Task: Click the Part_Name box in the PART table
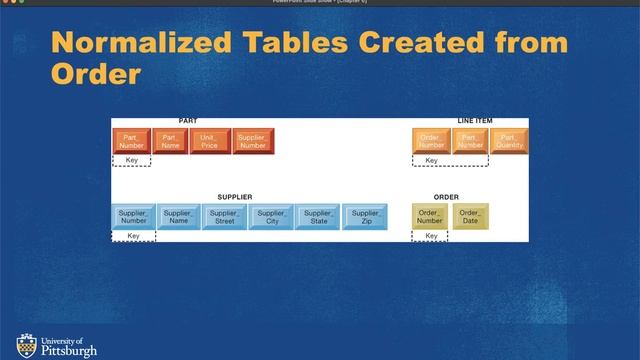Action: click(x=171, y=142)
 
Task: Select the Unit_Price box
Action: click(x=209, y=142)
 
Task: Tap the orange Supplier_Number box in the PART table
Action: click(x=252, y=142)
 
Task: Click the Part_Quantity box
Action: click(x=509, y=142)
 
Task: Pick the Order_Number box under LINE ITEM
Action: click(x=431, y=142)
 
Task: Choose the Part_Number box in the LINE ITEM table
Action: click(x=470, y=142)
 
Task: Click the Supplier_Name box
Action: click(x=179, y=217)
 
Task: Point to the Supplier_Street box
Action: click(x=225, y=217)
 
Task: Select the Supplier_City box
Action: click(x=272, y=217)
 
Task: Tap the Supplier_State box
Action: click(x=318, y=217)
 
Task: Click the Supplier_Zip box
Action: click(x=365, y=217)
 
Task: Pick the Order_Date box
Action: click(x=470, y=217)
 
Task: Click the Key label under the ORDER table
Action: click(x=431, y=236)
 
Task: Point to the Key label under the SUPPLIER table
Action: click(x=133, y=236)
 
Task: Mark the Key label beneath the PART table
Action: click(x=132, y=160)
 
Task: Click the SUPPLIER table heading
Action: click(x=235, y=197)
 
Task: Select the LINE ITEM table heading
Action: click(x=475, y=121)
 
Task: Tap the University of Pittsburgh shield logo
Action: click(x=25, y=344)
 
